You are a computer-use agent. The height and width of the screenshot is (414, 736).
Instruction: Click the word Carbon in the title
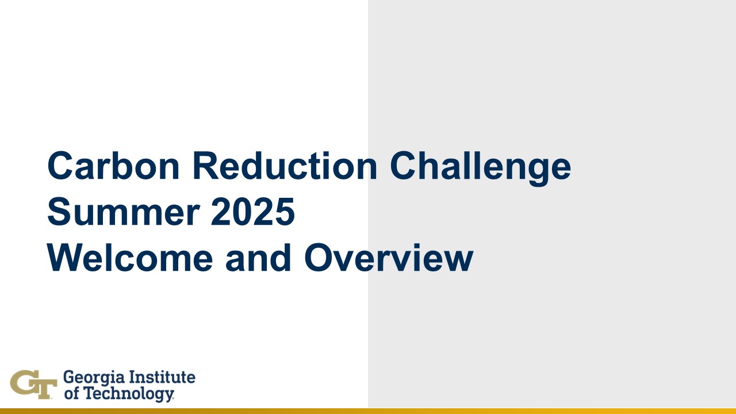113,166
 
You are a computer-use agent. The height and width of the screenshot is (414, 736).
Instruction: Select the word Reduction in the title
285,166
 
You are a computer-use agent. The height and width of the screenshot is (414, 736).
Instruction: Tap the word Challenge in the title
480,168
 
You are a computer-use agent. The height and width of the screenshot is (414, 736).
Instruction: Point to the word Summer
124,212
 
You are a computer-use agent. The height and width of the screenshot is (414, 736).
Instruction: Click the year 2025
252,212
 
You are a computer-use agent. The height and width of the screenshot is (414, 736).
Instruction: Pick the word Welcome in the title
130,258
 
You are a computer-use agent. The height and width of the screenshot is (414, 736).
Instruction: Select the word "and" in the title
258,258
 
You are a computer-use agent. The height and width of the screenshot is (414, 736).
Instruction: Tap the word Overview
389,258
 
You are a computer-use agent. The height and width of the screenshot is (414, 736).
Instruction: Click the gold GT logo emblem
33,385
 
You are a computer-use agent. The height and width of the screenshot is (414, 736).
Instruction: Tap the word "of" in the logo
71,393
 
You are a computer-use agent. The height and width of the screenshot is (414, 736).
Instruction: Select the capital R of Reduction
205,166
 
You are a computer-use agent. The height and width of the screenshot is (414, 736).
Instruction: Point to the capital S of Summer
60,212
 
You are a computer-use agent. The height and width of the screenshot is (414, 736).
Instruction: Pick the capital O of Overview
319,258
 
